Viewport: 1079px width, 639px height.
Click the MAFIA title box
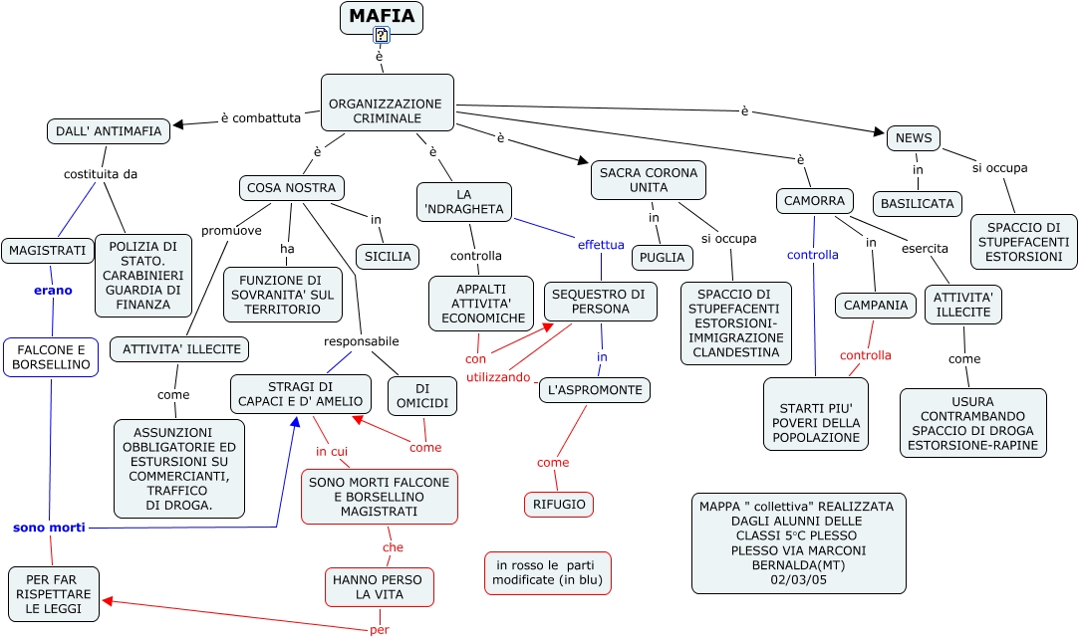(382, 17)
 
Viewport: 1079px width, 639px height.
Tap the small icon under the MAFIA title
(381, 36)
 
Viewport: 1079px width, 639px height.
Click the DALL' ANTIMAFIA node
(109, 131)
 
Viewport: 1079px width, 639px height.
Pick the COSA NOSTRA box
(292, 188)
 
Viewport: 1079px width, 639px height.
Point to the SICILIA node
(388, 257)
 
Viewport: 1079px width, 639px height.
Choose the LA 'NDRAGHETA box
(464, 202)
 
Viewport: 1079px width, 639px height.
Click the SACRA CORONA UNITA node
(649, 180)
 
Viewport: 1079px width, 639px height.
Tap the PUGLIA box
(663, 258)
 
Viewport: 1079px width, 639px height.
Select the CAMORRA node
(815, 201)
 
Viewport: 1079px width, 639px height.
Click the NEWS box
(914, 138)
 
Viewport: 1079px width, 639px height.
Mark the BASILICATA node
(918, 204)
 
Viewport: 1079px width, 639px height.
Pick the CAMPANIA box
(876, 306)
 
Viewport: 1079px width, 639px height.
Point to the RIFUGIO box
(559, 505)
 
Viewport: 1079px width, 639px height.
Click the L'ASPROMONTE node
(595, 390)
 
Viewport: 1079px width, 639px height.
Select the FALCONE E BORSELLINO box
(51, 357)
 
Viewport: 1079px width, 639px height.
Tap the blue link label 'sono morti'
(49, 528)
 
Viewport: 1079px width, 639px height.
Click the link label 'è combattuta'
(260, 118)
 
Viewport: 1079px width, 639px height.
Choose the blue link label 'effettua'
(601, 245)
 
